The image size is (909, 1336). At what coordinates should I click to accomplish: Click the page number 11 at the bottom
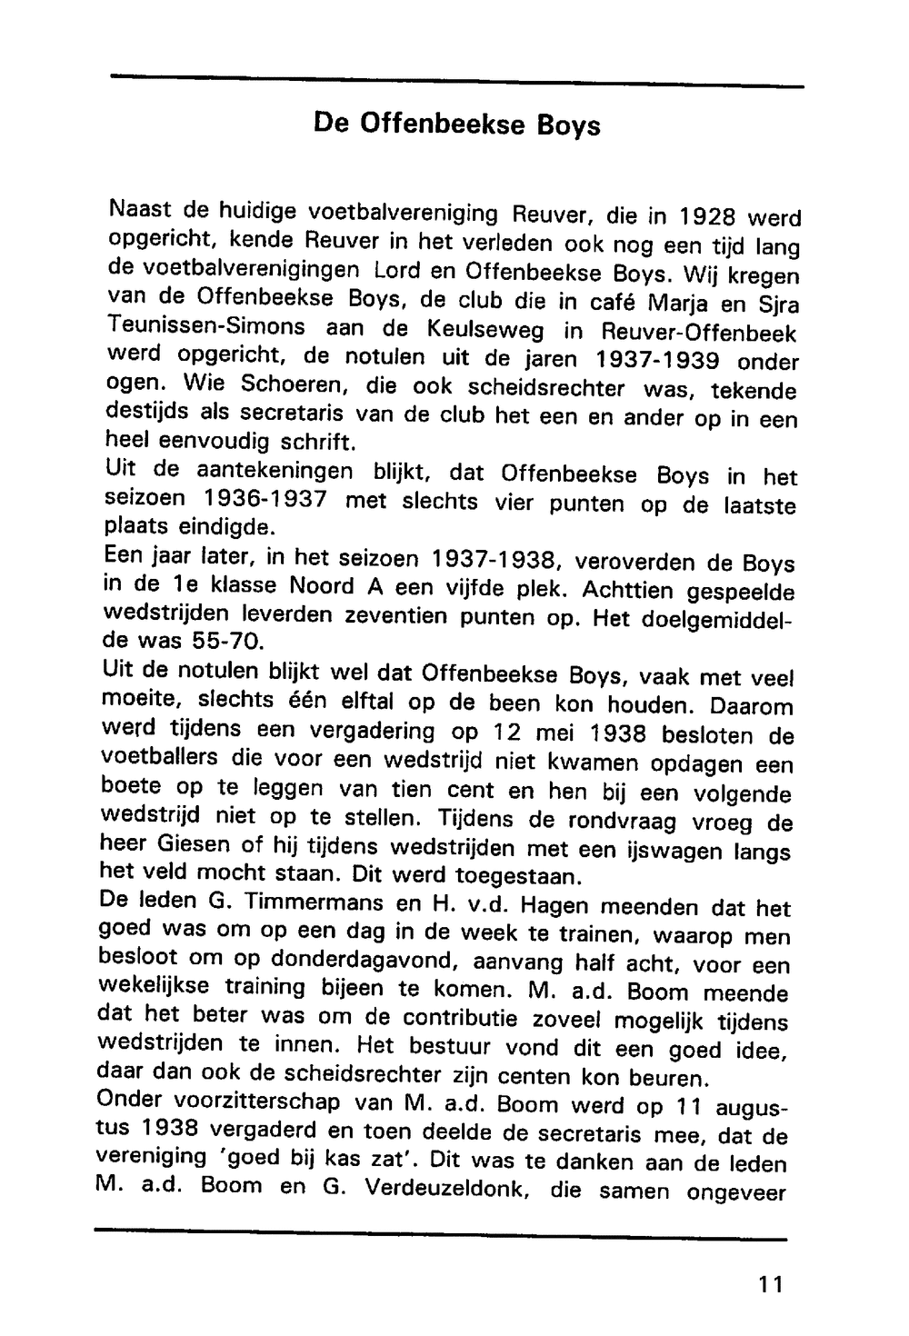769,1284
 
